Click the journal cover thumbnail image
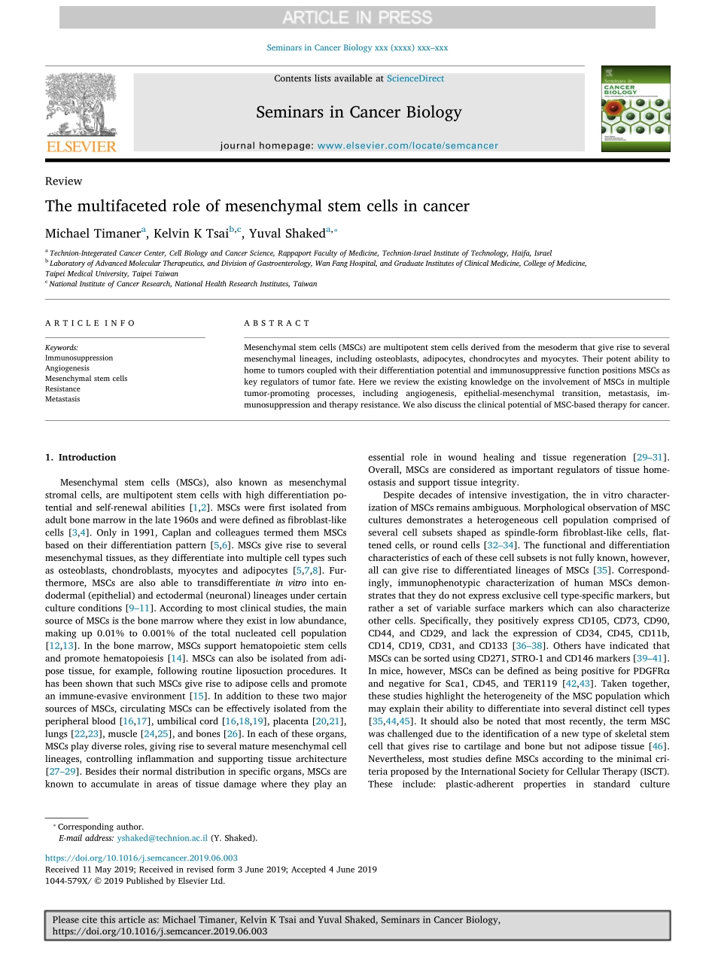pos(635,108)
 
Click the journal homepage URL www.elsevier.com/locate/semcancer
pos(407,145)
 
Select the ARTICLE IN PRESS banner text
pos(357,17)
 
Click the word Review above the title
pos(63,181)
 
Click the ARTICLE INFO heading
pos(90,323)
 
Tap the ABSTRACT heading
pos(276,323)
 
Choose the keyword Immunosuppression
pos(79,358)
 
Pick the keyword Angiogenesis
pos(67,369)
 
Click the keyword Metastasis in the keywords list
pos(62,399)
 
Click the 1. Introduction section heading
pos(81,457)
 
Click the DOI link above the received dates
pos(141,858)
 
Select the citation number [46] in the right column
pos(659,746)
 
